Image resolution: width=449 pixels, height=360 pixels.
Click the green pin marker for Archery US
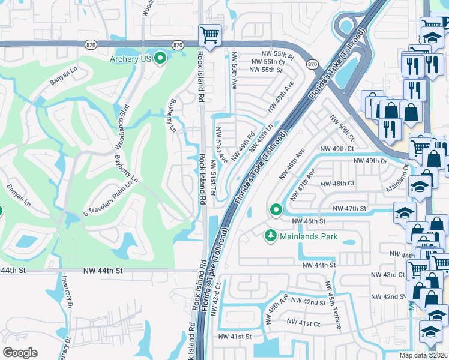click(x=160, y=58)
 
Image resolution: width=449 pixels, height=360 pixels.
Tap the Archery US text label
click(x=130, y=59)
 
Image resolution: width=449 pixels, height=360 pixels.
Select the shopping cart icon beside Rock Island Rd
click(x=209, y=35)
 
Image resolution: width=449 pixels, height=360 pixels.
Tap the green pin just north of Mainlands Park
click(x=276, y=209)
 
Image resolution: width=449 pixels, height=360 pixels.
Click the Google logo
click(x=20, y=352)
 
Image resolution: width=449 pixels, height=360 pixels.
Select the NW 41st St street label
click(x=235, y=337)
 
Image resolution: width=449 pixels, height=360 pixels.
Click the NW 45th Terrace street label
click(x=333, y=305)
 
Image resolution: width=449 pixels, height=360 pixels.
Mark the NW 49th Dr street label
click(x=370, y=161)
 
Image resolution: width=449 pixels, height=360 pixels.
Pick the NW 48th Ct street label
click(x=337, y=184)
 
